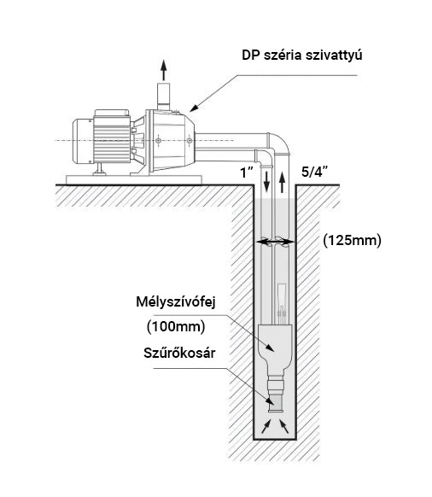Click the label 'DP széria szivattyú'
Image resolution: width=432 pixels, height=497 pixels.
point(301,56)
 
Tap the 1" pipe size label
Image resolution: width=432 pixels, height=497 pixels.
point(247,172)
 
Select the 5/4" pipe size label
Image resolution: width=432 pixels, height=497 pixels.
point(314,172)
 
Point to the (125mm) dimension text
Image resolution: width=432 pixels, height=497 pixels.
point(352,241)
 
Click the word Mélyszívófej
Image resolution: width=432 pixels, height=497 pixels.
point(176,302)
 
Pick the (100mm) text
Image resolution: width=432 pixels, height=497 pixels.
point(176,326)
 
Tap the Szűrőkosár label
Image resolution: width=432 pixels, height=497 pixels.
point(179,353)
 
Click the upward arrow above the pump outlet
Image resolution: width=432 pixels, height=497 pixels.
point(164,70)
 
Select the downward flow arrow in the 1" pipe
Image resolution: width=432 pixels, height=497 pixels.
point(267,182)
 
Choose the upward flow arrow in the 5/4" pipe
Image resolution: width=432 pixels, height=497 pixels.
point(282,182)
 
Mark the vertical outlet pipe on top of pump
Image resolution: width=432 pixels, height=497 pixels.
point(164,96)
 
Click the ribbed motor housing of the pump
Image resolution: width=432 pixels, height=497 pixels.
point(112,139)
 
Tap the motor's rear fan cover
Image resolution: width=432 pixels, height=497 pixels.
point(83,142)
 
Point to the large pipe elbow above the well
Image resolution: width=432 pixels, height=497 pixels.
point(279,143)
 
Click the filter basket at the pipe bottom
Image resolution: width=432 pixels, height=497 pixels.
point(276,404)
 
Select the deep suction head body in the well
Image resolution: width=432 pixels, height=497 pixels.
point(275,348)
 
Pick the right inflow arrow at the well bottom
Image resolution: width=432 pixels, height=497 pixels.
point(283,425)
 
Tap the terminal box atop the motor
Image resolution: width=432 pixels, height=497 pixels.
point(112,113)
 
